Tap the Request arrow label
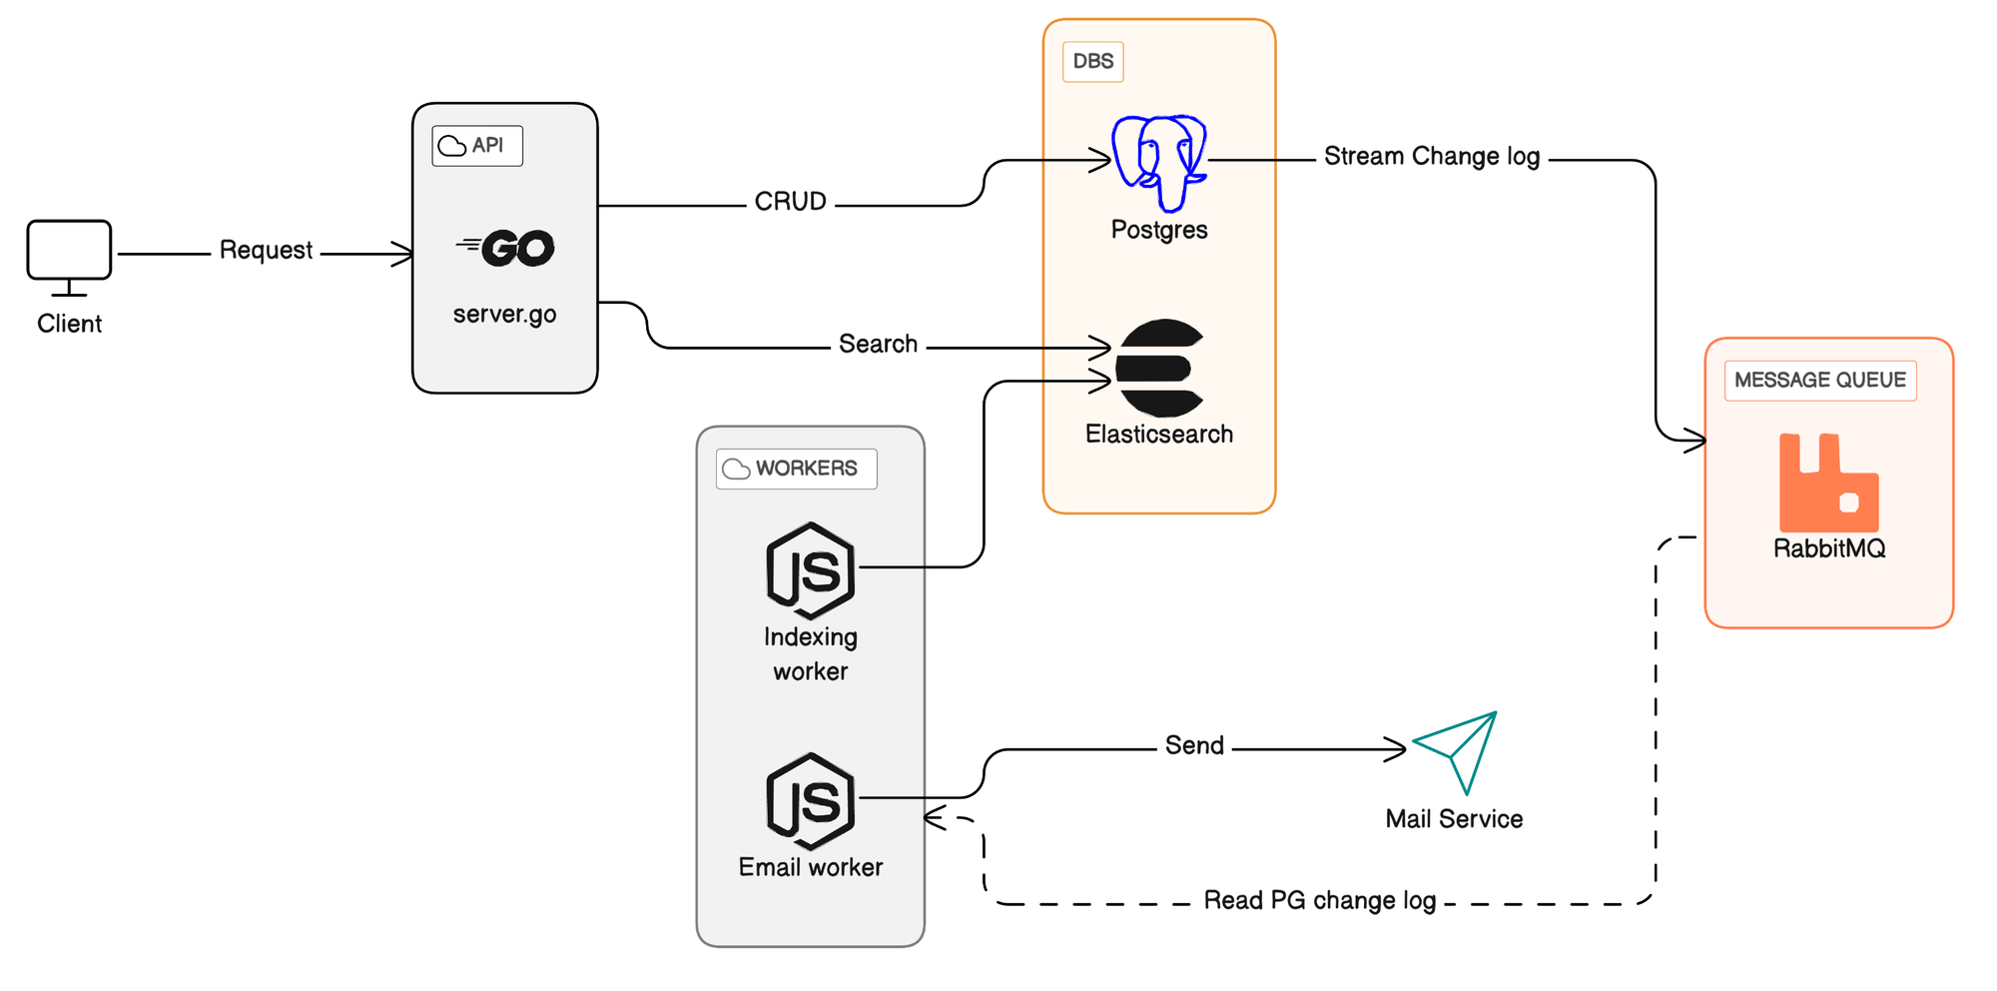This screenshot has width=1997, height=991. [266, 250]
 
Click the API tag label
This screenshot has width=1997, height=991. [476, 146]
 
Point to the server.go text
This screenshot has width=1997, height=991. [504, 314]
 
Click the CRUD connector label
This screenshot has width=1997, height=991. [790, 202]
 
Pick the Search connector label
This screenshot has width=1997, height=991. [878, 344]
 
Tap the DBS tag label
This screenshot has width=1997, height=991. [1092, 62]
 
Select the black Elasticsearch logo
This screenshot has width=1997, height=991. [1158, 368]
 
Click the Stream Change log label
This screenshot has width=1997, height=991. [1431, 157]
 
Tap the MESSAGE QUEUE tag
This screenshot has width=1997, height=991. [1819, 381]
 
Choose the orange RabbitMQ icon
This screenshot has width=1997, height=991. [1828, 483]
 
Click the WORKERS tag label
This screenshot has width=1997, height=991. [796, 469]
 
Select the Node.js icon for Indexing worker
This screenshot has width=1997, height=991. [811, 570]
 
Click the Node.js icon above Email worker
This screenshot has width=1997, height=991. [811, 800]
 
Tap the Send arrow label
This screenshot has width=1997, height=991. [1194, 745]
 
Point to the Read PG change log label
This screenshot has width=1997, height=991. [1319, 900]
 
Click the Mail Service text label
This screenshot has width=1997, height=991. [1454, 819]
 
